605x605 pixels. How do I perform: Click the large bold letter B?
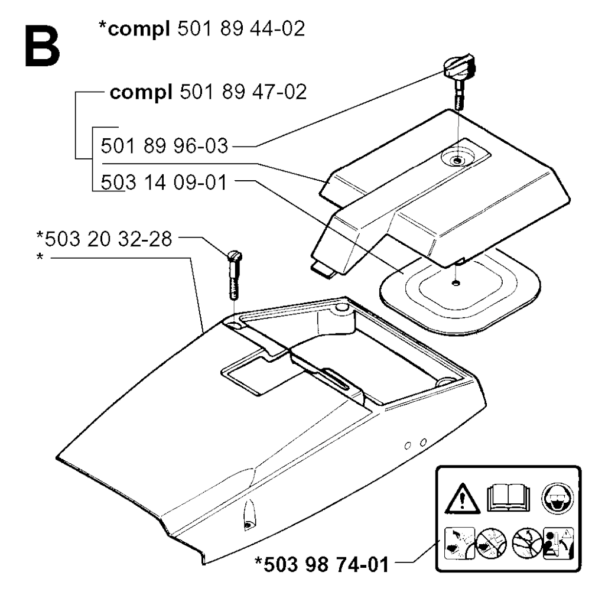tap(43, 46)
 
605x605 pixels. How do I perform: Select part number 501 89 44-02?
tap(241, 29)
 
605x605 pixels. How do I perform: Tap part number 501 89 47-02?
tap(243, 92)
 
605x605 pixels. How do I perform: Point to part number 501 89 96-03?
tap(164, 147)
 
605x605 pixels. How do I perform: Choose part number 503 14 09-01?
tap(164, 183)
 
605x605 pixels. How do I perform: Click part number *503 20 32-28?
tap(104, 239)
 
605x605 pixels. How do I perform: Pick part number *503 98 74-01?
tap(322, 564)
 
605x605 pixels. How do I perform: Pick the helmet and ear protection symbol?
tap(558, 498)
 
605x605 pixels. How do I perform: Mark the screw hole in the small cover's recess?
tap(457, 160)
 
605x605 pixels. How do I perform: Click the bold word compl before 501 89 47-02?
tap(141, 93)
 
